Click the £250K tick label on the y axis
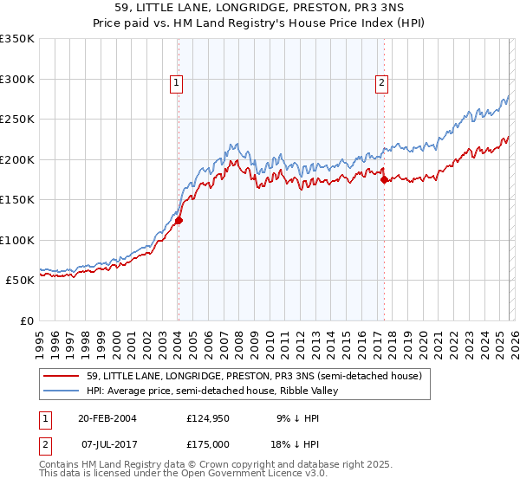(x=17, y=120)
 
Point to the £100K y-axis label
(x=17, y=240)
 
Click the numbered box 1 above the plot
(x=177, y=83)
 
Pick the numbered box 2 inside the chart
(x=381, y=83)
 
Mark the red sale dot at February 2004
(x=179, y=221)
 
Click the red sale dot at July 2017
(x=384, y=180)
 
